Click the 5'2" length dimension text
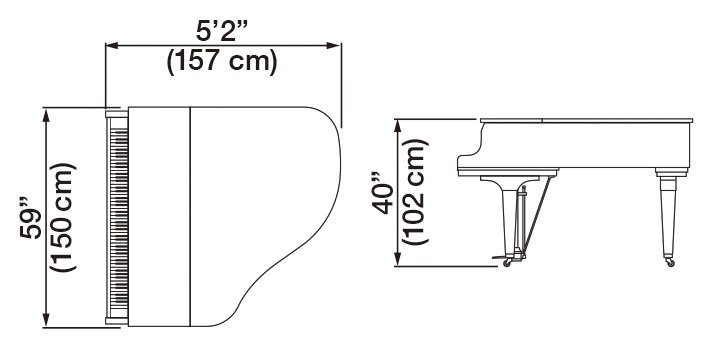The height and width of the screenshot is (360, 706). [222, 32]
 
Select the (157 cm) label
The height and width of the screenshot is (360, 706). [222, 62]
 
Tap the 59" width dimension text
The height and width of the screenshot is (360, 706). [31, 217]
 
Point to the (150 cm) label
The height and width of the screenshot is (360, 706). [63, 217]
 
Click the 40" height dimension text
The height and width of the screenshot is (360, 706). [382, 193]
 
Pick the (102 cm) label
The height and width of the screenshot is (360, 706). [415, 192]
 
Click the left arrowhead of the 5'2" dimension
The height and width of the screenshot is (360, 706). [111, 45]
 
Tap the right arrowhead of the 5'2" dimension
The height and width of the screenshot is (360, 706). [334, 45]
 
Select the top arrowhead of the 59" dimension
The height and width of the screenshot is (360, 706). [45, 115]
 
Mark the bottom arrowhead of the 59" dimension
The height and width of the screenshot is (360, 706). [45, 320]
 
